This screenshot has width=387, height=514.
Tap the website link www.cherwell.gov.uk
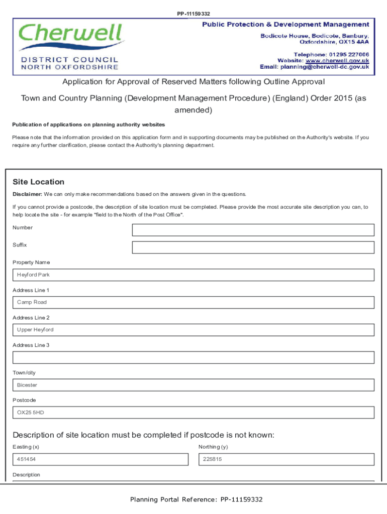tap(337, 60)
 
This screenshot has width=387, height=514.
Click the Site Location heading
tap(38, 182)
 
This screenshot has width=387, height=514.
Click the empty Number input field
tap(253, 230)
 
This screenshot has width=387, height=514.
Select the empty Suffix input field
tap(253, 247)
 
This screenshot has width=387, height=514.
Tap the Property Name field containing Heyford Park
tap(193, 275)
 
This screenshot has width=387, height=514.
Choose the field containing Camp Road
tap(193, 302)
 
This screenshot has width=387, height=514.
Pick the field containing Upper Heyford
tap(193, 330)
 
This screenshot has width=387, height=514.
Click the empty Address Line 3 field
tap(193, 357)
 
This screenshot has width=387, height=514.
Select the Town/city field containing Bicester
tap(193, 385)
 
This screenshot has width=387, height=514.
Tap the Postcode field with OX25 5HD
tap(193, 413)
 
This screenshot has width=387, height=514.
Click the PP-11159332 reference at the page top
tap(193, 14)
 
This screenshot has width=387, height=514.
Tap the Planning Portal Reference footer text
tap(196, 499)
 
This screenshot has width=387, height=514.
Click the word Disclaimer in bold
tap(27, 194)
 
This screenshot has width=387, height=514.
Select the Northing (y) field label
tap(213, 447)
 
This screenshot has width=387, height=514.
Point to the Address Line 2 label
tap(31, 318)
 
